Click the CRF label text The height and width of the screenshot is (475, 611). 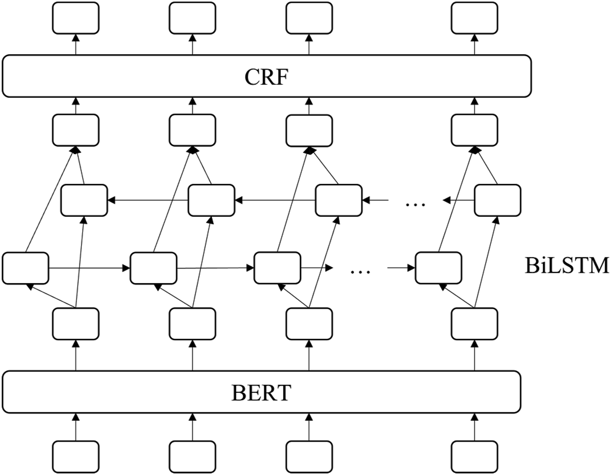(x=266, y=77)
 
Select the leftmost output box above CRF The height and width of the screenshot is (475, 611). (x=76, y=18)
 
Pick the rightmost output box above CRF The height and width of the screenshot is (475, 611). (x=474, y=18)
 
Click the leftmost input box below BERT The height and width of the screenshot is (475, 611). (x=76, y=457)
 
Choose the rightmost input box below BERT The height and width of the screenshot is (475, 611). (x=474, y=457)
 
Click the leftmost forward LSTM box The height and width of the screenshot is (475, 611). (x=26, y=268)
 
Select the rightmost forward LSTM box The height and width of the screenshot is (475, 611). (x=438, y=268)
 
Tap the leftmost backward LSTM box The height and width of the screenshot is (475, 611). (x=84, y=200)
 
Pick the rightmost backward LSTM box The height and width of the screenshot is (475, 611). (x=497, y=200)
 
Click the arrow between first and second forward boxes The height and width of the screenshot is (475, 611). (x=90, y=268)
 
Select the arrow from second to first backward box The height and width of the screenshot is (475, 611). (x=148, y=200)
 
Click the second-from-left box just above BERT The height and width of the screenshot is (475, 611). (x=193, y=324)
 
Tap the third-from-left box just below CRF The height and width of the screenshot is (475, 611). (x=309, y=130)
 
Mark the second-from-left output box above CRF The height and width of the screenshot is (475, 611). (x=193, y=18)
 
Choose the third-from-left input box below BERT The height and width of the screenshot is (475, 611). (x=309, y=457)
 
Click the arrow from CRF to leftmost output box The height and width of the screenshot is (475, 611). (x=76, y=44)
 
